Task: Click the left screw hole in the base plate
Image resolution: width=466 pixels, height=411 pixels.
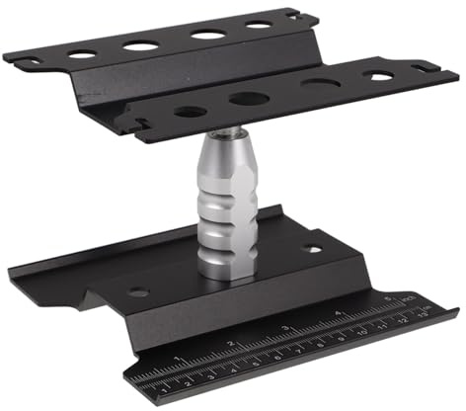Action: pos(138,292)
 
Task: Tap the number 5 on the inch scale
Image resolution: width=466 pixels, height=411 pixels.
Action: pos(388,298)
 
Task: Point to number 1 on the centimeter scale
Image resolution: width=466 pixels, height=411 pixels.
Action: pos(163,387)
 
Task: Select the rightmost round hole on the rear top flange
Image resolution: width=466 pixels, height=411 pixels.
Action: pos(259,25)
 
